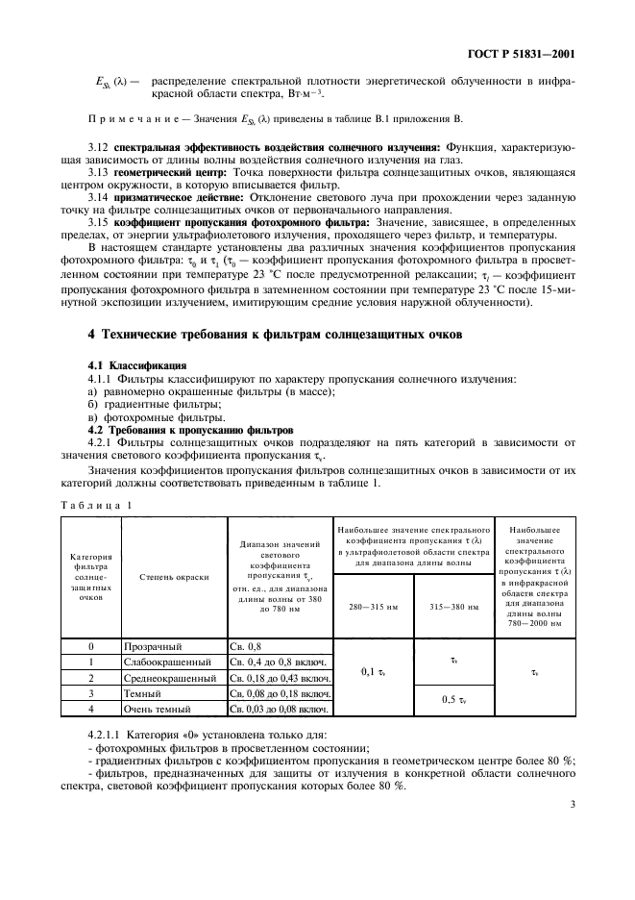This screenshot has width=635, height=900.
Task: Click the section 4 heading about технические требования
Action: [263, 334]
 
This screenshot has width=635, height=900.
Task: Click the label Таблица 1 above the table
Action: [97, 505]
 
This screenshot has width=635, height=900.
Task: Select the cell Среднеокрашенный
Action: [173, 678]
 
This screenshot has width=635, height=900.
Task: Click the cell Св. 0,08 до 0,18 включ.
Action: [279, 693]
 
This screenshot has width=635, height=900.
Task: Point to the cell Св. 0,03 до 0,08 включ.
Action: [279, 709]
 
